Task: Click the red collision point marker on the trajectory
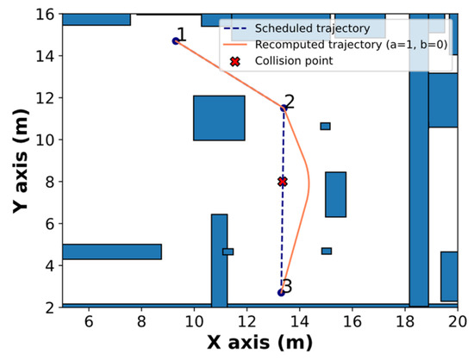tap(283, 182)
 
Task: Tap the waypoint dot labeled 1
tap(176, 40)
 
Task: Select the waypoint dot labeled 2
tap(284, 108)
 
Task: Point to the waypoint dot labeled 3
tap(281, 293)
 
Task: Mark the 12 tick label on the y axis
tap(41, 98)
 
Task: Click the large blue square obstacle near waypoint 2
tap(219, 118)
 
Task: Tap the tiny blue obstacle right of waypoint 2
tap(325, 126)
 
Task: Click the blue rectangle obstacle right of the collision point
tap(335, 194)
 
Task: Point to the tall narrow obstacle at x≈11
tap(219, 258)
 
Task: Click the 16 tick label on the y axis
tap(41, 15)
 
